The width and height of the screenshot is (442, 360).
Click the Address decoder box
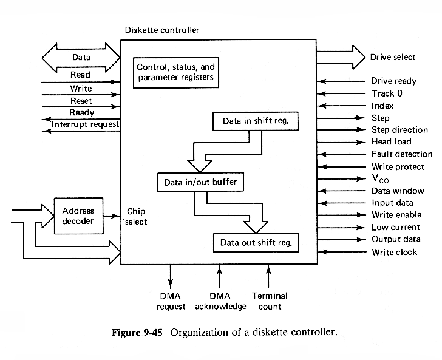point(78,216)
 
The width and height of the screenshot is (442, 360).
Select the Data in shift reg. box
point(256,121)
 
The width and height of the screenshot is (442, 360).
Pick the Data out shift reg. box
point(256,243)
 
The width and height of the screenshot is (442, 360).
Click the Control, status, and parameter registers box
point(175,72)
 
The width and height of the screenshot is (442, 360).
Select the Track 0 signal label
point(387,93)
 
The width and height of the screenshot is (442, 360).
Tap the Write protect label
point(397,166)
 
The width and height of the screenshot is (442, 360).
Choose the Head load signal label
point(391,142)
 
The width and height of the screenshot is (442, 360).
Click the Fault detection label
point(401,154)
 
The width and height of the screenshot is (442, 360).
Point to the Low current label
point(395,227)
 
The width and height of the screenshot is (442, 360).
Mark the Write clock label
point(394,251)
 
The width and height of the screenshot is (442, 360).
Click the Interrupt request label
point(86,124)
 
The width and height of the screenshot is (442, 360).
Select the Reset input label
point(81,101)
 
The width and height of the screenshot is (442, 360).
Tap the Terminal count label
point(269,301)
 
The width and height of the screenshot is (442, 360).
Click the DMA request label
point(171,301)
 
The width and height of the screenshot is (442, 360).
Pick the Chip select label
point(136,217)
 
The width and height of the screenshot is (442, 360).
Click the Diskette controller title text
point(161,30)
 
